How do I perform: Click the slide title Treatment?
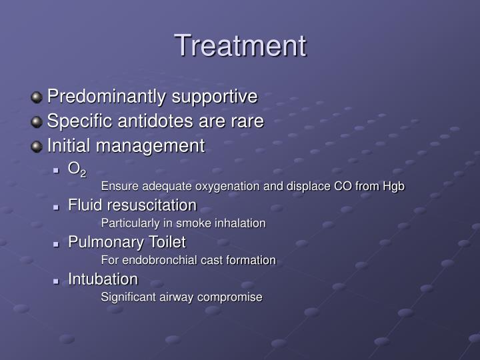coord(240,46)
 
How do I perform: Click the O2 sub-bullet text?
coord(77,170)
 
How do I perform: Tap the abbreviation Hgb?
coord(393,187)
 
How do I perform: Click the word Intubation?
coord(103,279)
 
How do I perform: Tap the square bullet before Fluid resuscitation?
coord(57,206)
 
